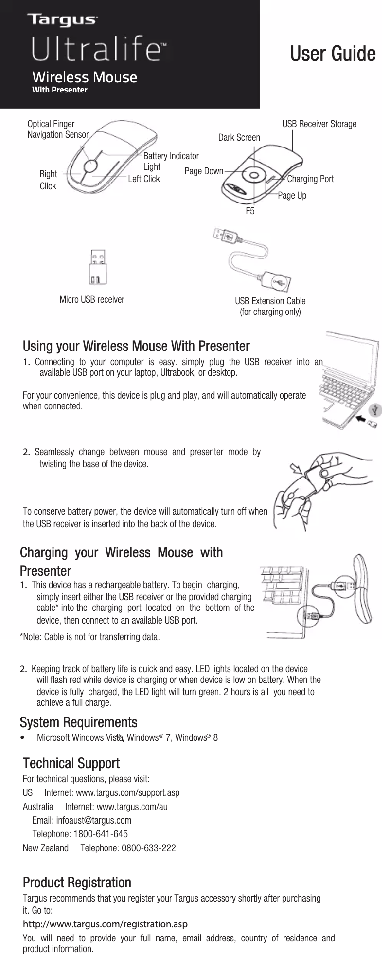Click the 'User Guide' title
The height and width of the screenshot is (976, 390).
click(x=333, y=54)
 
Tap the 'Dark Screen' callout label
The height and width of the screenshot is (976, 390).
click(x=239, y=138)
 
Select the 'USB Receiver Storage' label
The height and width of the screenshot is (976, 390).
click(x=319, y=124)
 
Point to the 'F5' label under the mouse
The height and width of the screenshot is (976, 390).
click(x=250, y=211)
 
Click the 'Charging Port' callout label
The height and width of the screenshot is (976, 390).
click(x=310, y=179)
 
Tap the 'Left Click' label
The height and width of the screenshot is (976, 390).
click(x=143, y=179)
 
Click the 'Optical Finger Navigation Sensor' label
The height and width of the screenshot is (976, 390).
click(x=57, y=129)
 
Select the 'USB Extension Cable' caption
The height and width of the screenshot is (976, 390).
click(x=270, y=301)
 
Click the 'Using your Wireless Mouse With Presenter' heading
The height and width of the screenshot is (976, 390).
click(x=136, y=347)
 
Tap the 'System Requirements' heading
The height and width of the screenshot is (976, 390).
click(x=78, y=721)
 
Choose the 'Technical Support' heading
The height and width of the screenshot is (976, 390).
click(x=71, y=763)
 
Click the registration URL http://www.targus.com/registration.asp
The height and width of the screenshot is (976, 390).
click(x=106, y=923)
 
